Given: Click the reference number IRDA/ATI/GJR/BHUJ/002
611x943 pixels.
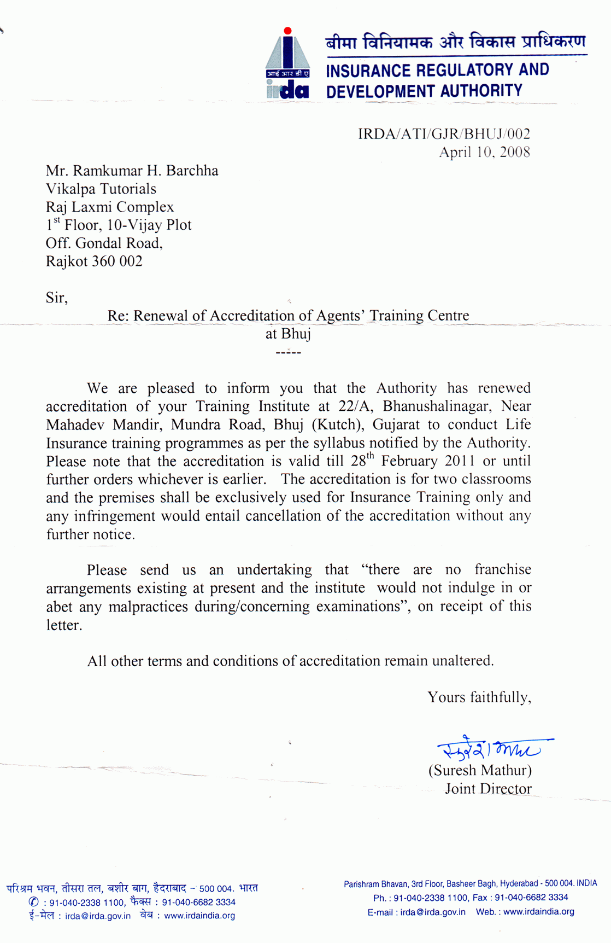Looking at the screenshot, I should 444,134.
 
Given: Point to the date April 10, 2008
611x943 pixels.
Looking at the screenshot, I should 484,152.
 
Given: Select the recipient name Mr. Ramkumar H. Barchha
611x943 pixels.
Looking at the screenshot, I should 132,171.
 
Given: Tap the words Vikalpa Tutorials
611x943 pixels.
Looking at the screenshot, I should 101,189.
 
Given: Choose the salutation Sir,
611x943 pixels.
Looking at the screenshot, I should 56,298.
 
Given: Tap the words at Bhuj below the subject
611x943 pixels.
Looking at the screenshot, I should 288,334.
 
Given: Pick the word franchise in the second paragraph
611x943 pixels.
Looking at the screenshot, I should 503,569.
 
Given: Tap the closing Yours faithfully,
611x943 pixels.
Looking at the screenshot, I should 479,697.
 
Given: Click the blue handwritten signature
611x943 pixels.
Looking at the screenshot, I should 492,748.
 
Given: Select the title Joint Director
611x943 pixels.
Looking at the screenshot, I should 487,789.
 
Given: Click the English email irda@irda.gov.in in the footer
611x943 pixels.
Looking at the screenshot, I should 433,912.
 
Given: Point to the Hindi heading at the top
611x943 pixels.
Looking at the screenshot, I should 455,42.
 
